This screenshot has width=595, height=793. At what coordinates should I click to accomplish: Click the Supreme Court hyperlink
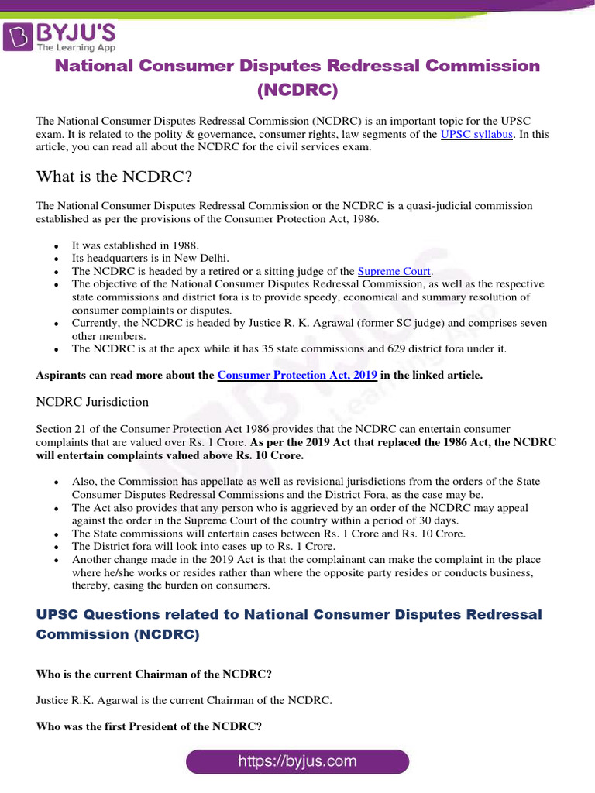394,271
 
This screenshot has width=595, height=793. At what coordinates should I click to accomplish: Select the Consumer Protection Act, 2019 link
297,375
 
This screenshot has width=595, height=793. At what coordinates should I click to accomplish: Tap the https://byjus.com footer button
297,761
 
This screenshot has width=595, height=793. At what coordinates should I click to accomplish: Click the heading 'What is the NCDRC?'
114,177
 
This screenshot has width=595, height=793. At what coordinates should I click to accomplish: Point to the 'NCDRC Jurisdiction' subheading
92,402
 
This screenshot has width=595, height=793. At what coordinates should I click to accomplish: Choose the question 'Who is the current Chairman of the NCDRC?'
154,674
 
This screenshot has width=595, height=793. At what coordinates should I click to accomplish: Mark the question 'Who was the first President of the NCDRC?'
149,726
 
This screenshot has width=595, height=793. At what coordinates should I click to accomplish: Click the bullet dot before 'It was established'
58,245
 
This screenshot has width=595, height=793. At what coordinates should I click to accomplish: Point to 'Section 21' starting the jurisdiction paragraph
59,429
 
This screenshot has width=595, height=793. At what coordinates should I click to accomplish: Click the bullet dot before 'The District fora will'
58,547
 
